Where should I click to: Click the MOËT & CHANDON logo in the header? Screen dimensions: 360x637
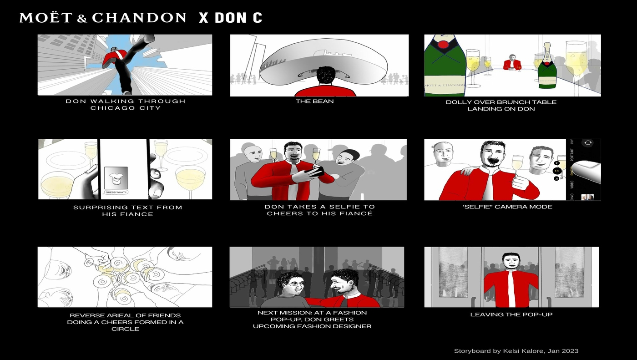(x=103, y=18)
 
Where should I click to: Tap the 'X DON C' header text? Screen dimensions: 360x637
(x=230, y=18)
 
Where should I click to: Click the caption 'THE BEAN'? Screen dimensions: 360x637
(x=315, y=101)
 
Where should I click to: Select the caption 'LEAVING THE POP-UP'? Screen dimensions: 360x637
(x=511, y=314)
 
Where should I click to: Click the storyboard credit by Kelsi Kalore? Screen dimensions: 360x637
(x=516, y=351)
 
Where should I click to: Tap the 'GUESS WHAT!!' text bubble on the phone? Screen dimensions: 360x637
(x=116, y=192)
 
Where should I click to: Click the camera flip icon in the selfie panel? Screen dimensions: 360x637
(x=588, y=143)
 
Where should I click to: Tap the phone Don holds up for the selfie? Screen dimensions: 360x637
(x=315, y=170)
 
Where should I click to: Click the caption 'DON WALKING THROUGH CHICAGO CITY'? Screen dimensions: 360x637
(x=126, y=104)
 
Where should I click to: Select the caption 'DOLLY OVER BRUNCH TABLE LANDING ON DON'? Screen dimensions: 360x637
(x=501, y=105)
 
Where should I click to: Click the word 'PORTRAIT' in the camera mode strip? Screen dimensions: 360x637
(x=572, y=154)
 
